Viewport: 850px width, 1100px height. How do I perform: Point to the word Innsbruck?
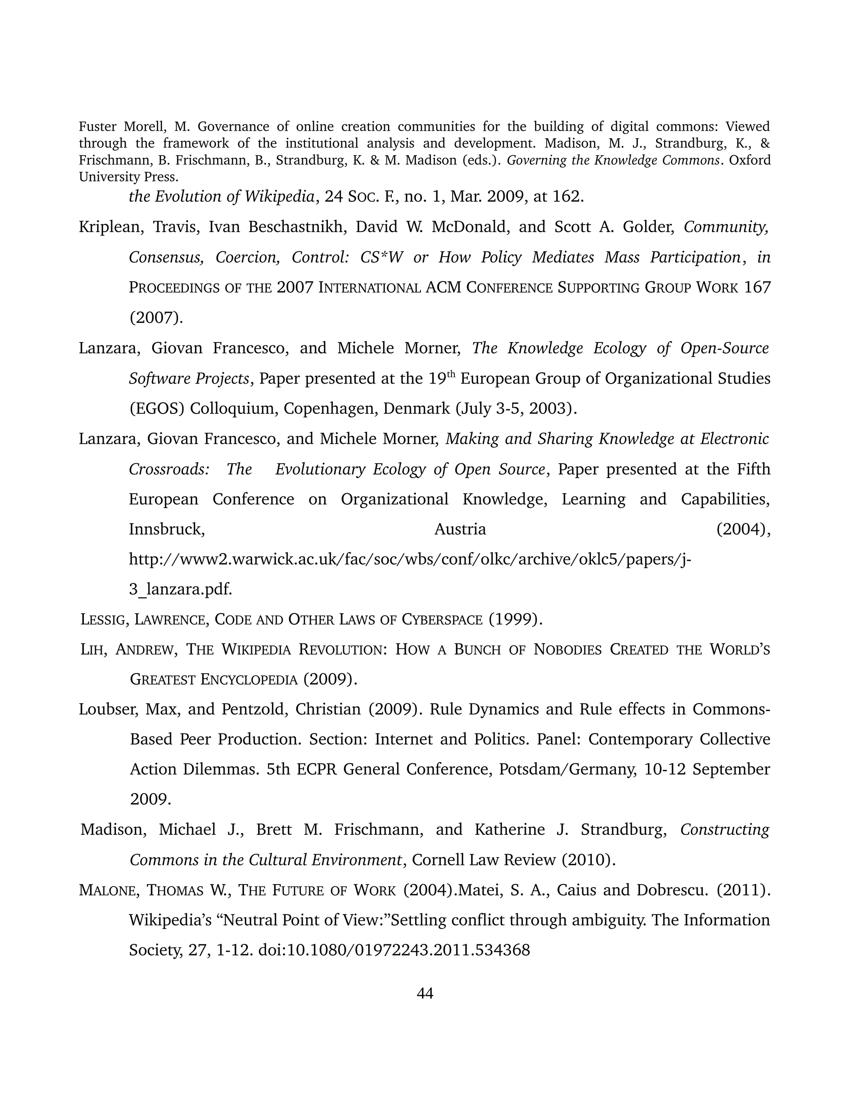[x=166, y=529]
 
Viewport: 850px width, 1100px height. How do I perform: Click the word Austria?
[x=460, y=529]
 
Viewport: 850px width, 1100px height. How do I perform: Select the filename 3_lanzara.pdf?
[x=180, y=589]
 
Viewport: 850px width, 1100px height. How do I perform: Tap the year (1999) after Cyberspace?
[x=515, y=619]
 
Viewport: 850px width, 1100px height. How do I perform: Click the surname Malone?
[x=107, y=890]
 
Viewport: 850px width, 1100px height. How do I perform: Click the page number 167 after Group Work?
[x=757, y=288]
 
